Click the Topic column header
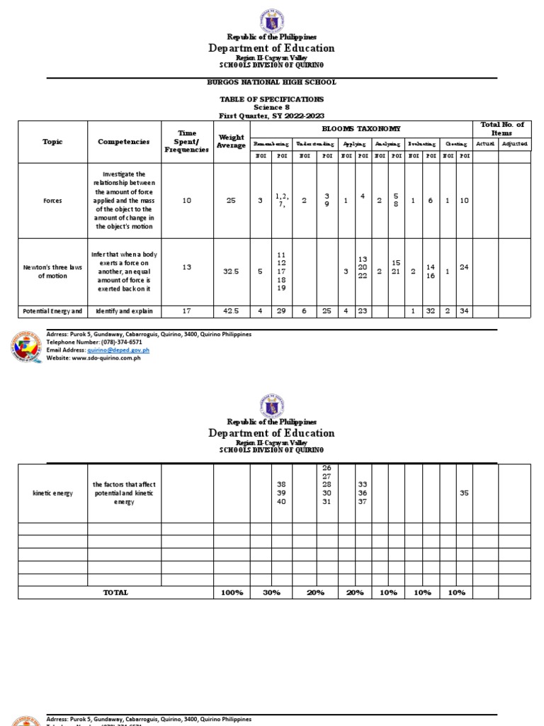[52, 141]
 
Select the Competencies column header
[124, 141]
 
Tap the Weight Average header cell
[232, 141]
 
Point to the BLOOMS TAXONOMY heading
[361, 128]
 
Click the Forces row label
[52, 201]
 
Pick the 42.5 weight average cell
[232, 311]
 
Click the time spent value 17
[187, 311]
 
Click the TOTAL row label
[115, 592]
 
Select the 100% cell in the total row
[232, 592]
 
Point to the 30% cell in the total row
[271, 592]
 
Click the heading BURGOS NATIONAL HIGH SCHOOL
[271, 82]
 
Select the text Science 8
[272, 107]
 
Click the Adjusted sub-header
[514, 144]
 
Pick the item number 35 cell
[464, 493]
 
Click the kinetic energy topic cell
[52, 493]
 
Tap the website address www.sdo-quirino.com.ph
[106, 357]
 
